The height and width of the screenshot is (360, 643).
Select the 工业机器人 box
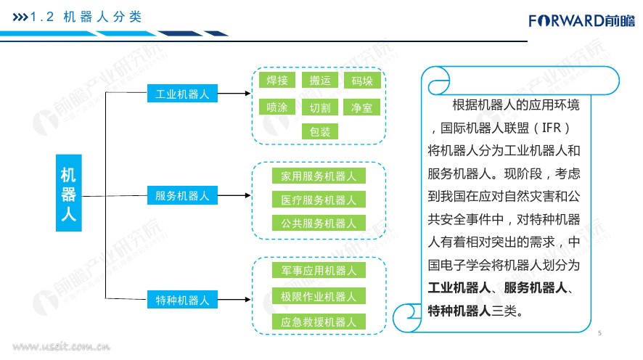point(181,94)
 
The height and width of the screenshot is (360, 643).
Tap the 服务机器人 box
point(181,195)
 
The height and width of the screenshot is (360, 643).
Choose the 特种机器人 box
point(181,298)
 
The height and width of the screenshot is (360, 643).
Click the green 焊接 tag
point(277,81)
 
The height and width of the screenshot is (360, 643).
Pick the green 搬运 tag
point(319,81)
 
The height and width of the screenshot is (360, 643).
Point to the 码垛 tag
point(361,81)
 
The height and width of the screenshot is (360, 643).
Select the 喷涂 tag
point(277,107)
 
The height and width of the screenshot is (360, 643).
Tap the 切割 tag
point(319,107)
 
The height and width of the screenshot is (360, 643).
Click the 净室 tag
point(361,107)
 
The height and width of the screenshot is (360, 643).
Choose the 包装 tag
point(319,131)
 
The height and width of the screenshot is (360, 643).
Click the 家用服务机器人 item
point(319,176)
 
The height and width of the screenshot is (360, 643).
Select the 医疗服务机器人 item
point(319,200)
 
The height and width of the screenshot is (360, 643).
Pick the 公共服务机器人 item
point(319,223)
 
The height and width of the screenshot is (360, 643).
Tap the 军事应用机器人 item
point(319,271)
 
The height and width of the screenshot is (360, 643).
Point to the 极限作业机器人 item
point(319,296)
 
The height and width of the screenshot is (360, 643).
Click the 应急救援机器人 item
point(319,322)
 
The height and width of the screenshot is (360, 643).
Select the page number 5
point(600,333)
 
